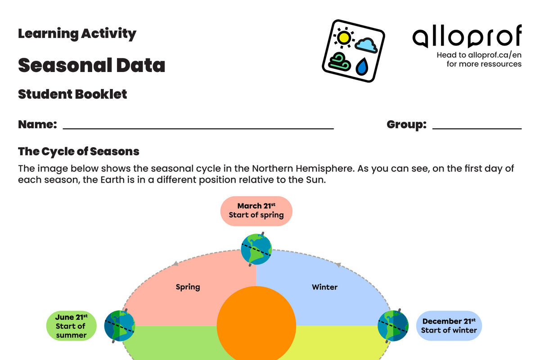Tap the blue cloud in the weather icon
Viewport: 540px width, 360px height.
pos(366,45)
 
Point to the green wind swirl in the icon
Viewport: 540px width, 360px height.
pos(340,62)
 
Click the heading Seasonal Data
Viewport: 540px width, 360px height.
pos(91,65)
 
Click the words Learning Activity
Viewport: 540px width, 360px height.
pos(77,33)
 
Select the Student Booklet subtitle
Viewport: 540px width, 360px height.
pos(72,94)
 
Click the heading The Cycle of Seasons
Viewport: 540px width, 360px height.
pos(79,151)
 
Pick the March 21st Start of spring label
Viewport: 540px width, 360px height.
pos(256,211)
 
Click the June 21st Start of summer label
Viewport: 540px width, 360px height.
pos(72,326)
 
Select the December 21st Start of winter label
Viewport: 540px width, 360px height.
pos(449,325)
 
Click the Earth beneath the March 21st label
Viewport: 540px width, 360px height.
pos(256,249)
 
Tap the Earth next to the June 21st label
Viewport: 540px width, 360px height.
pos(119,325)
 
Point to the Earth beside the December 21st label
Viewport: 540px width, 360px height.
pos(393,325)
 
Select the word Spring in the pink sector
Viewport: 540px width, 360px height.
pos(188,287)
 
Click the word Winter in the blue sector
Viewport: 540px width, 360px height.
pos(324,287)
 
